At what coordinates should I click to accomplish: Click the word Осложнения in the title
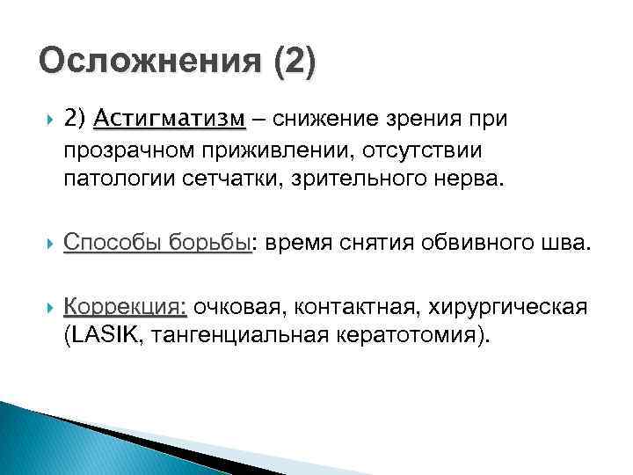143,63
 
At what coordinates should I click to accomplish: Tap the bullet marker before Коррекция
35,309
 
